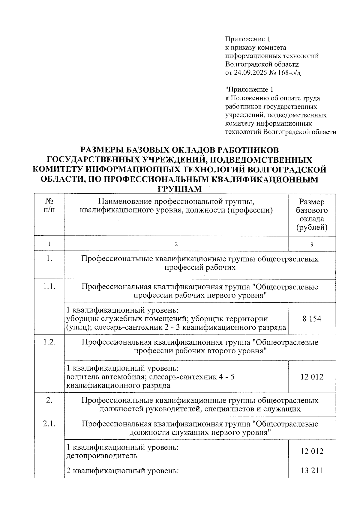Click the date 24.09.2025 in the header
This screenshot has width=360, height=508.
coord(251,73)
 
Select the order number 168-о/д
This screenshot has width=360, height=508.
coord(287,73)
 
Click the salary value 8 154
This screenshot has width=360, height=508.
coord(312,319)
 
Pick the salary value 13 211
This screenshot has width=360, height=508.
coord(312,471)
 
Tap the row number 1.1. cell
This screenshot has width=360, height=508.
coord(49,287)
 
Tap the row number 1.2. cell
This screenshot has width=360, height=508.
coord(49,342)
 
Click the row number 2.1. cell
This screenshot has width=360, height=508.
coord(49,424)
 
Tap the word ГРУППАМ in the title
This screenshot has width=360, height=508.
coord(180,189)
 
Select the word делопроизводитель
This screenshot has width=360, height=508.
coord(102,456)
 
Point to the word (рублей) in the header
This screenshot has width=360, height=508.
coord(312,227)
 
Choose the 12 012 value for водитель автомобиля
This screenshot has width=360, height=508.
coord(312,377)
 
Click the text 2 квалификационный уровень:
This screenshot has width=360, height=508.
coord(122,471)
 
